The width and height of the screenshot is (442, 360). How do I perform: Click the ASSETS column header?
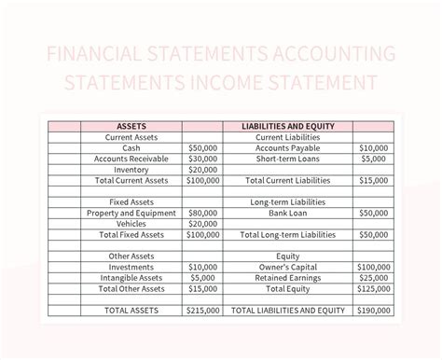click(x=131, y=125)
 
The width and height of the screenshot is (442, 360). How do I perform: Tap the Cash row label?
click(x=131, y=147)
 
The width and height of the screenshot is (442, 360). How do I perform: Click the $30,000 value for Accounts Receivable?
click(x=202, y=159)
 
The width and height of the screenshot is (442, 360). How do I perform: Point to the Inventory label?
click(x=131, y=170)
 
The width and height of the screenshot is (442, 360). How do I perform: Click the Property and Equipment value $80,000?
click(x=202, y=213)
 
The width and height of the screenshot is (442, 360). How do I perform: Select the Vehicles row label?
click(x=131, y=224)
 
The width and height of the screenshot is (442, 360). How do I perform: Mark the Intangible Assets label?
click(x=131, y=278)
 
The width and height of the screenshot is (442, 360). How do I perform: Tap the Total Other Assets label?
click(x=131, y=289)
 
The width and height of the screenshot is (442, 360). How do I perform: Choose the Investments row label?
click(x=131, y=267)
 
